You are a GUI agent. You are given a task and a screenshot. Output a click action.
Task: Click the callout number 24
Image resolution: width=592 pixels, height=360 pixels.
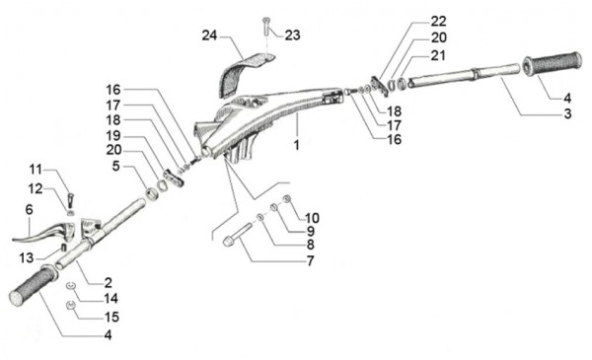tap(209, 36)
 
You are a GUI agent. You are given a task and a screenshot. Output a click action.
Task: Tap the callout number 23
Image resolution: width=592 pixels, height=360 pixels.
tap(293, 36)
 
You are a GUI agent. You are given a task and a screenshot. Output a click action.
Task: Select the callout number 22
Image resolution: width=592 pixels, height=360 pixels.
tap(439, 21)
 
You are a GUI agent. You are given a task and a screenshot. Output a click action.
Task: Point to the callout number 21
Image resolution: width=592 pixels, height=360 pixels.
tap(438, 55)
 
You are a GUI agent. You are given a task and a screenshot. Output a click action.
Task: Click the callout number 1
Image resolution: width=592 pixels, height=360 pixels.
tap(297, 145)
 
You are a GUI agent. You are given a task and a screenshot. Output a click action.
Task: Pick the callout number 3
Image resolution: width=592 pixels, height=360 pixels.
tap(567, 113)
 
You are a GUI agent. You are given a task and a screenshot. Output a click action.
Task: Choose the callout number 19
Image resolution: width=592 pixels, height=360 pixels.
tap(112, 135)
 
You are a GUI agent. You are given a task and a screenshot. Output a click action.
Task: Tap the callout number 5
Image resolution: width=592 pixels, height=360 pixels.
tap(115, 166)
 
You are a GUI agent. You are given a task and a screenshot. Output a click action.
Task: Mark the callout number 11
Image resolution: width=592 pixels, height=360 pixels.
tap(36, 170)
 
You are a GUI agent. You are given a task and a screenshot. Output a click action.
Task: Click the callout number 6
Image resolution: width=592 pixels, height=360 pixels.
tap(29, 209)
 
